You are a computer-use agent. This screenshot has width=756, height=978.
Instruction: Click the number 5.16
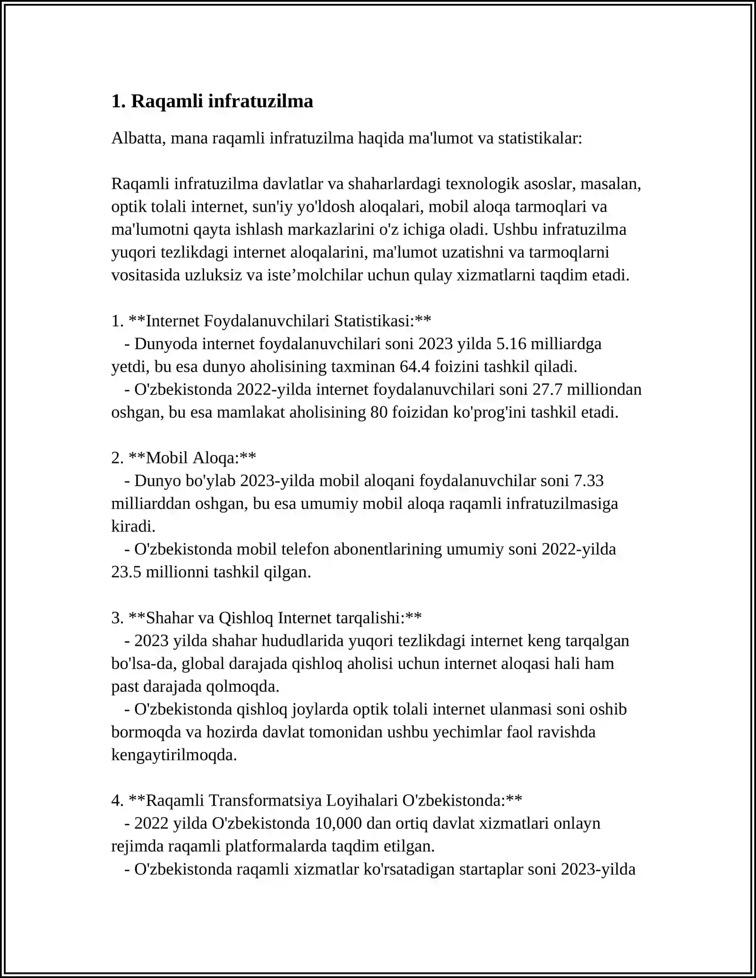511,343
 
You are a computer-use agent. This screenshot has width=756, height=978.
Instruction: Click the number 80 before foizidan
379,412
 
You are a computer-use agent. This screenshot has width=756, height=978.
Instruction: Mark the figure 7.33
588,480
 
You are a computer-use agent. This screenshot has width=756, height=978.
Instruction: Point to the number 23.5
126,572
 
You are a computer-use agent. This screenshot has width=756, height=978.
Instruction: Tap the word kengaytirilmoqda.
174,755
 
